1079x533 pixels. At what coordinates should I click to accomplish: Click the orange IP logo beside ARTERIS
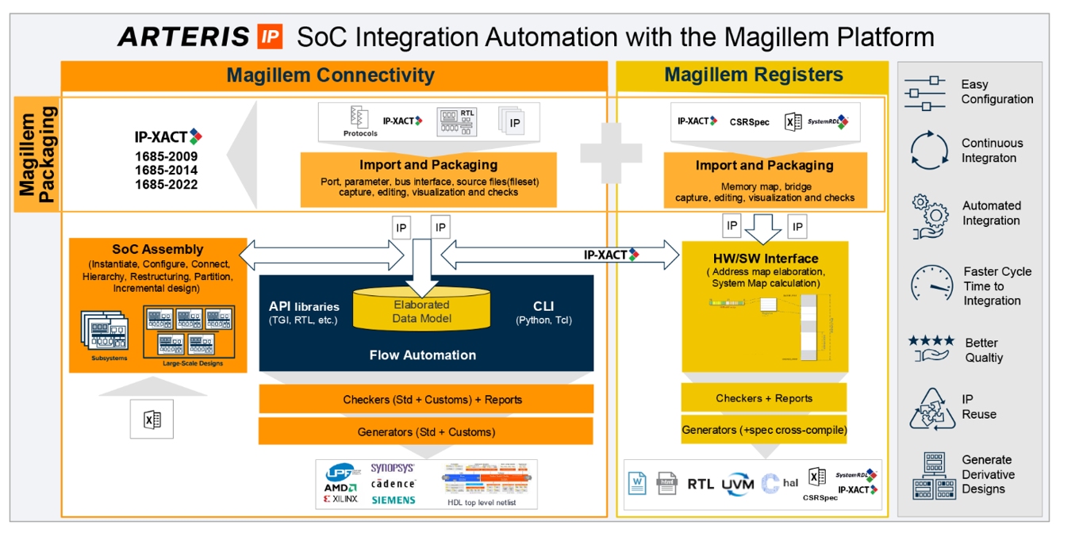[x=269, y=36]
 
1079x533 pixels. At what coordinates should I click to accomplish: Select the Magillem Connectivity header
[x=330, y=75]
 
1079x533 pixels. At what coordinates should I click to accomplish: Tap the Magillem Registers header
[x=754, y=75]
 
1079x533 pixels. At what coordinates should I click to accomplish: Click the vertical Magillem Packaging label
[x=37, y=155]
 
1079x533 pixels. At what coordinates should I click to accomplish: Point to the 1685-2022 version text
[x=166, y=185]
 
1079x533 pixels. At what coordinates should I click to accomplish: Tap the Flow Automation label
[x=423, y=355]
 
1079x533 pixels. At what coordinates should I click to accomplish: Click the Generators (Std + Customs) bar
[x=426, y=431]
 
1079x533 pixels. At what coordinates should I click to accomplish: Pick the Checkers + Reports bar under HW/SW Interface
[x=764, y=398]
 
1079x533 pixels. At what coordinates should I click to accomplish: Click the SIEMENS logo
[x=393, y=500]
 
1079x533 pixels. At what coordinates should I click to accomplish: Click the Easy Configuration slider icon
[x=925, y=92]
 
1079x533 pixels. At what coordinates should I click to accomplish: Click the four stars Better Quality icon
[x=931, y=348]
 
